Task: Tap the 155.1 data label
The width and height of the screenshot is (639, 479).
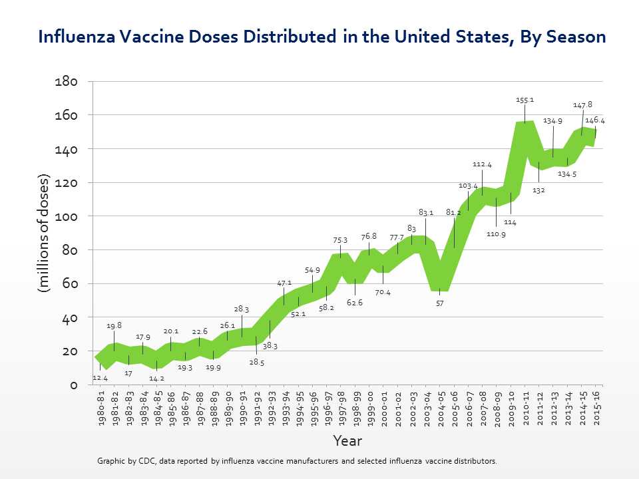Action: click(x=525, y=100)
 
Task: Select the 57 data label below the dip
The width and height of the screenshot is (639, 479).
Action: click(x=440, y=303)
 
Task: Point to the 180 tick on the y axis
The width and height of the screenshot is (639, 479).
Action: click(x=66, y=81)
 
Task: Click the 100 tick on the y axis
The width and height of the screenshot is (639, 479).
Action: click(x=66, y=216)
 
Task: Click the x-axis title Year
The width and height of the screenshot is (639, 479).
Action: click(x=348, y=441)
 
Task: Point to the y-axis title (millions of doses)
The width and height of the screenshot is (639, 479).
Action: click(x=44, y=233)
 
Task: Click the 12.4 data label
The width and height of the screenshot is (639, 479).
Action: click(x=100, y=378)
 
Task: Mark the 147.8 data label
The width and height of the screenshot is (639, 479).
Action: click(x=582, y=104)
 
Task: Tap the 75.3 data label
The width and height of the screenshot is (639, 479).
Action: click(x=340, y=240)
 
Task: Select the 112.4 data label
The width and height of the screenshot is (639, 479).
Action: click(x=482, y=164)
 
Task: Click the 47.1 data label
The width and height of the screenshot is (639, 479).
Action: click(x=284, y=283)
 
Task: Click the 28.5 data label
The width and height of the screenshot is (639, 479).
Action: click(x=257, y=363)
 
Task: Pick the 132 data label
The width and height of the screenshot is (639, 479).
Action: click(x=538, y=190)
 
